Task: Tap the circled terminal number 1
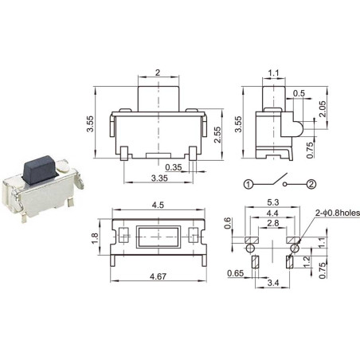[248, 185]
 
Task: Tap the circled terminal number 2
[311, 185]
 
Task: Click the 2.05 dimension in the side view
[323, 108]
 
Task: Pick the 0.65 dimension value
[236, 273]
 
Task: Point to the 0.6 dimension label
[229, 225]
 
